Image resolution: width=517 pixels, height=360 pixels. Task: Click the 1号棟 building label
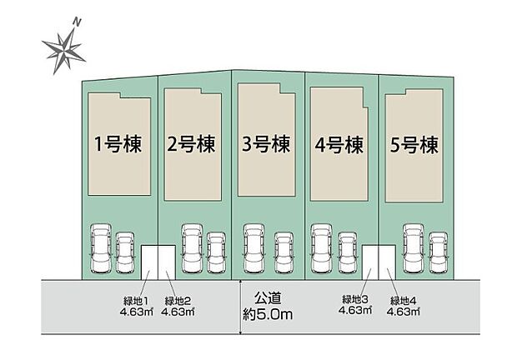point(118,145)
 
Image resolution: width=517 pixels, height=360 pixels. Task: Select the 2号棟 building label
point(191,145)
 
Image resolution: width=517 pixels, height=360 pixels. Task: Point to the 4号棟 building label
point(339,145)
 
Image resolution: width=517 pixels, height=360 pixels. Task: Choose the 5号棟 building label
point(414,145)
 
